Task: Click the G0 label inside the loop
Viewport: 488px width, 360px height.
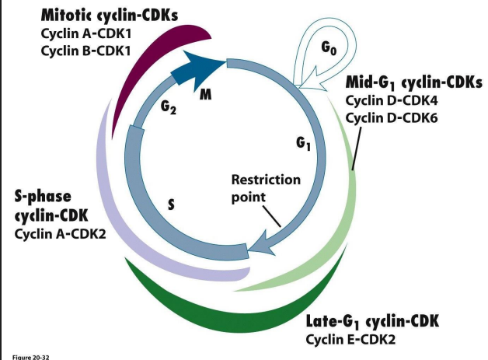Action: coord(328,47)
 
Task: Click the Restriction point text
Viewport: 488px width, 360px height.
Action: coord(265,187)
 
